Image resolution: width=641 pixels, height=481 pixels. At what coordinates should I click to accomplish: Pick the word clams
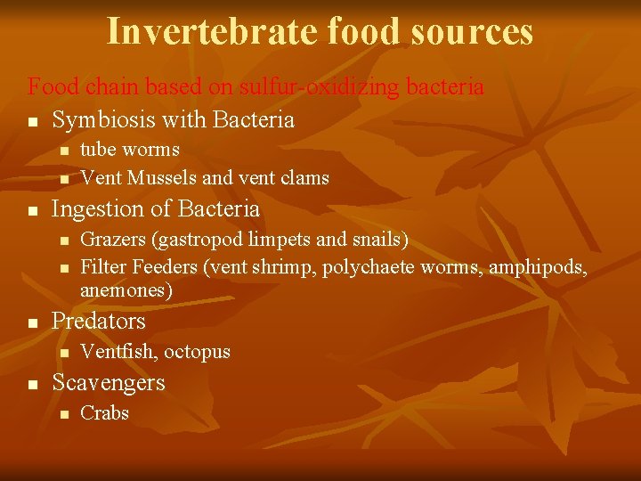click(304, 178)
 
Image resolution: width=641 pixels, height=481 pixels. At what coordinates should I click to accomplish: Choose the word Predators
click(98, 321)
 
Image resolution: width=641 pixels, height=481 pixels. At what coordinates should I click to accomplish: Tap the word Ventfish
click(118, 352)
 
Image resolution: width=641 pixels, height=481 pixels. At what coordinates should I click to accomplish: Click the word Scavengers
click(109, 382)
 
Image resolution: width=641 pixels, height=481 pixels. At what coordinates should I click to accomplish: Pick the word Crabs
click(104, 412)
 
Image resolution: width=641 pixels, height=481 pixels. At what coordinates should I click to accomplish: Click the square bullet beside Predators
click(32, 322)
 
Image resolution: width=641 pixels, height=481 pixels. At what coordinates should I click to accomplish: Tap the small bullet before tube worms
click(63, 151)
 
